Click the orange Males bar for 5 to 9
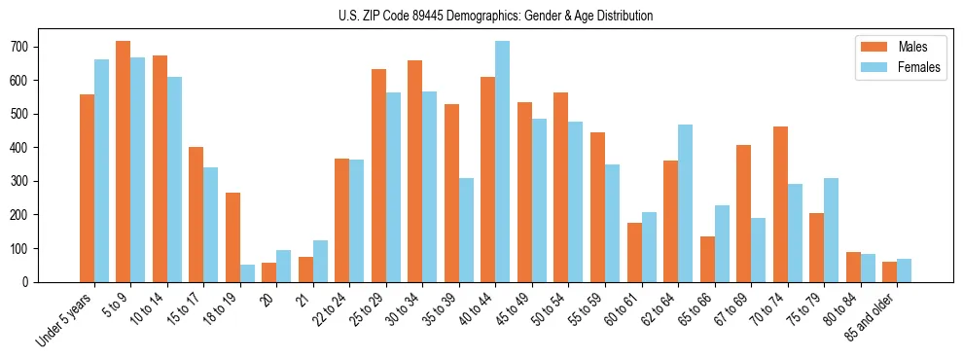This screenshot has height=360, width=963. point(123,162)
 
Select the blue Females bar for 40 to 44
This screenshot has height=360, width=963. point(502,162)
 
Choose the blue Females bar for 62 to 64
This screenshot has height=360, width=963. point(685,203)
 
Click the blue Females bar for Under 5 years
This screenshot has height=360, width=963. point(101,170)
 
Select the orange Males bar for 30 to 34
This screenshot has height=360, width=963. point(414,171)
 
